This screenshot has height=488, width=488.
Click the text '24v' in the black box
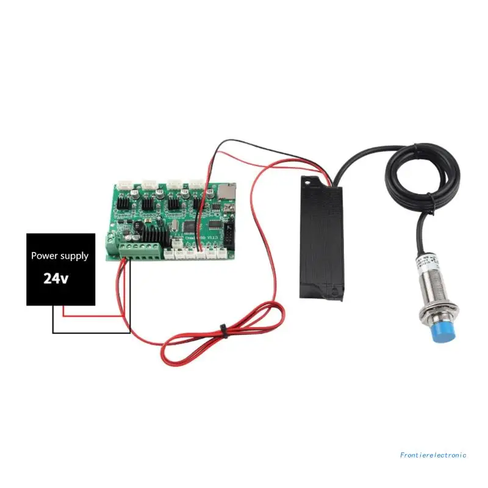point(56,278)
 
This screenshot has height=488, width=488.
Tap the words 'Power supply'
point(60,256)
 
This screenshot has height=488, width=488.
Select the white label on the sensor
point(426,264)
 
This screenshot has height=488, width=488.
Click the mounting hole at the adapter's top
point(312,181)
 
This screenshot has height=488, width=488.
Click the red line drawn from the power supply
point(91,317)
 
